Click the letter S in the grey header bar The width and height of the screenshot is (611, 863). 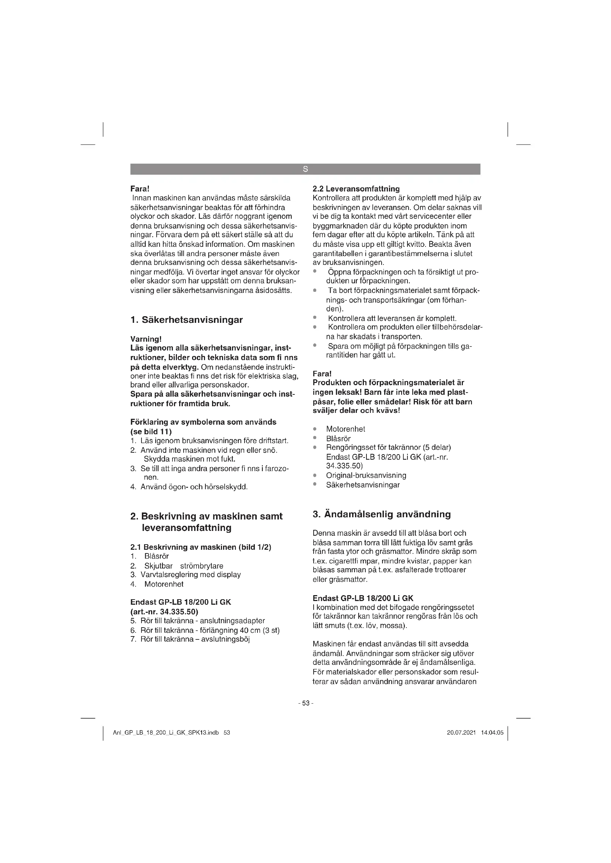305,169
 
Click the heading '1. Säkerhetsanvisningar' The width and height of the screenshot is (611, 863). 186,320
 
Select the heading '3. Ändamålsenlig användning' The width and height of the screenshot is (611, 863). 382,514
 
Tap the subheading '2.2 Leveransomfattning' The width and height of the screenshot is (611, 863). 356,189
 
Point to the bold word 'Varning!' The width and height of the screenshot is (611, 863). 146,339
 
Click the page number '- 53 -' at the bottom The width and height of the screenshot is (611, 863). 305,703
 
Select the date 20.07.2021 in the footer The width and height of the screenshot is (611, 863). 461,733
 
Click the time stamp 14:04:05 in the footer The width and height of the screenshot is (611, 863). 492,733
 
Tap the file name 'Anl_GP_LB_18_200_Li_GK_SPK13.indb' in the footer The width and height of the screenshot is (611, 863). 166,733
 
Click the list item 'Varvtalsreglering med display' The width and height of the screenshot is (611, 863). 190,575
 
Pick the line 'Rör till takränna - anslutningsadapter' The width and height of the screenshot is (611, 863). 202,621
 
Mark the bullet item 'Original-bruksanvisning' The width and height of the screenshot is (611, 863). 366,476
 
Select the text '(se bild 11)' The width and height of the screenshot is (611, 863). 151,432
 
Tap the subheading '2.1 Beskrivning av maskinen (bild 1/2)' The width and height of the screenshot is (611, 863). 201,547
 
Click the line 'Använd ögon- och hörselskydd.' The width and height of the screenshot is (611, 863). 194,487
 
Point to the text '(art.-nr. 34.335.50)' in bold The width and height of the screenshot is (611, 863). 164,611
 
